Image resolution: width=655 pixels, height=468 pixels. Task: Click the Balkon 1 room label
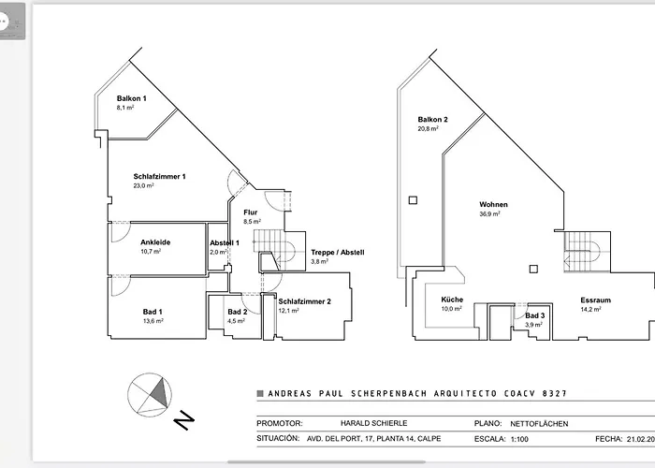132,98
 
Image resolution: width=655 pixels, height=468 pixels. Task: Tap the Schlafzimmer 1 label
160,176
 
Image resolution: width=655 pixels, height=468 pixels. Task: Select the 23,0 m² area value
143,186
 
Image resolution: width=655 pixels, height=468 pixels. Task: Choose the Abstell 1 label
224,242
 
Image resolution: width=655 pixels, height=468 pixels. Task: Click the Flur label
251,212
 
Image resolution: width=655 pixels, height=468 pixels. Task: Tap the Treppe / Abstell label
337,253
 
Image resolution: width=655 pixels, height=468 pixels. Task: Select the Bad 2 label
237,311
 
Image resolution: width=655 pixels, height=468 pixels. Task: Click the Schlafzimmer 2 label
304,300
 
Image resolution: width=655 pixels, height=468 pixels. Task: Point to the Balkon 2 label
433,119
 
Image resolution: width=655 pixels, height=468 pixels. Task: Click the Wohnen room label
493,203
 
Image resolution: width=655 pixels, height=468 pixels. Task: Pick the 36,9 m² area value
489,213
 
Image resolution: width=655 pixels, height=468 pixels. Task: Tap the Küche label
452,300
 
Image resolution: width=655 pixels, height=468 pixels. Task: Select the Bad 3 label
534,316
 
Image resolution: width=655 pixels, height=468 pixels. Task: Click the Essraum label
595,300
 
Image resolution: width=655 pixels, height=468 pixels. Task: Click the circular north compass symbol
150,392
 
